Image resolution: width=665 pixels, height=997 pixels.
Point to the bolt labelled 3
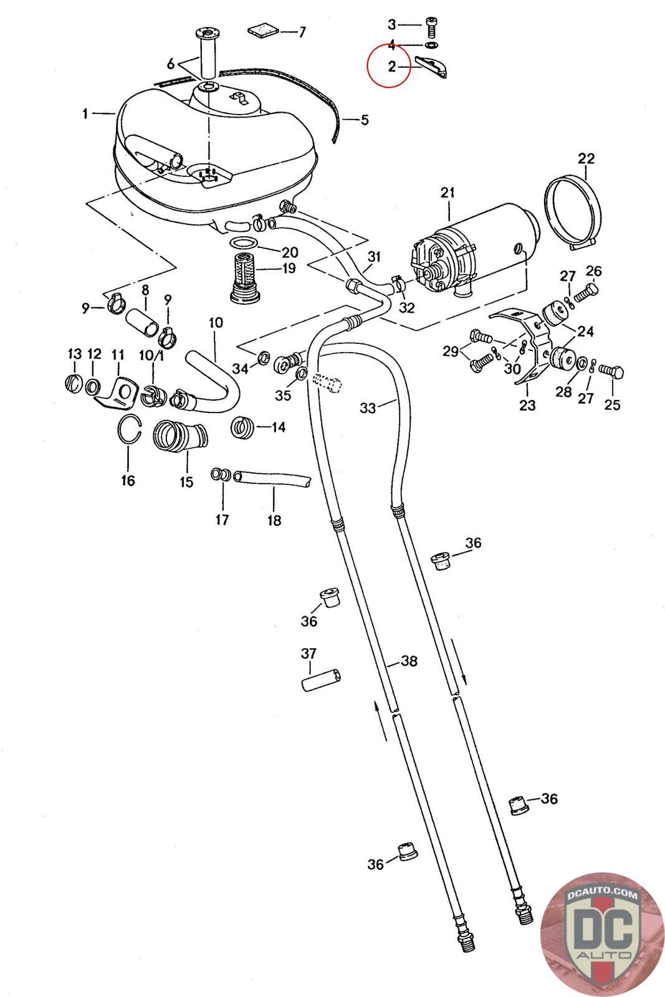pyautogui.click(x=431, y=26)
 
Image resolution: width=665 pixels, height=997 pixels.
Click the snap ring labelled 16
pyautogui.click(x=130, y=431)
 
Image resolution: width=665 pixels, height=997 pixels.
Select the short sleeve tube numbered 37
pyautogui.click(x=322, y=679)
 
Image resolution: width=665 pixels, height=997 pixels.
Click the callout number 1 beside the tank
pyautogui.click(x=84, y=113)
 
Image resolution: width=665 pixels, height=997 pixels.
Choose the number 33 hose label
pyautogui.click(x=368, y=409)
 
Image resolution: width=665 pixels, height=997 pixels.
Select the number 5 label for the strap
pyautogui.click(x=365, y=119)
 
